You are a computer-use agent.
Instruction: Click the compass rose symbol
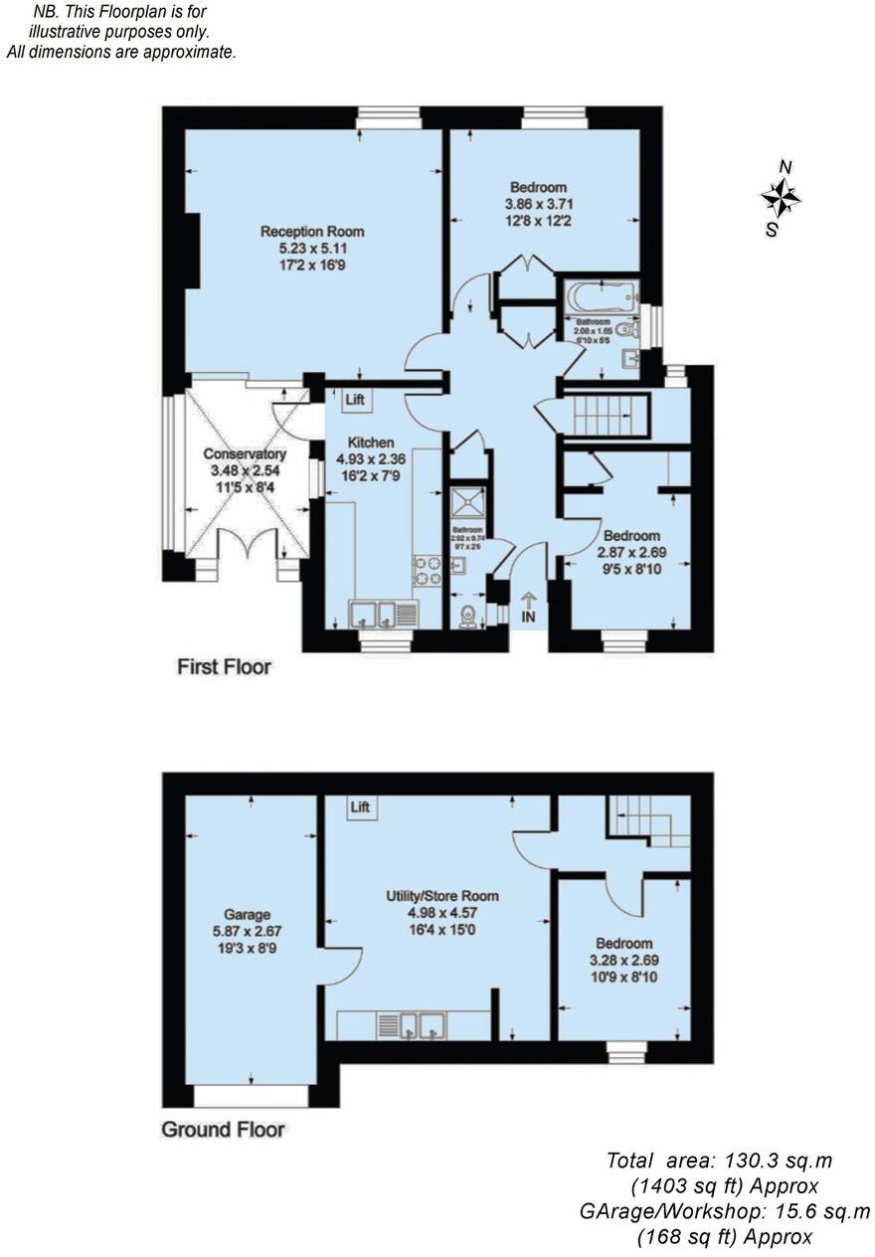tap(782, 198)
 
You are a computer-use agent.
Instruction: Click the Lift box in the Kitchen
tap(355, 400)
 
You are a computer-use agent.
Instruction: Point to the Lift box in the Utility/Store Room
tap(360, 807)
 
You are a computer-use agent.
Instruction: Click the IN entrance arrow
tap(528, 608)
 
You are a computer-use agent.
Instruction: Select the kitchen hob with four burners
tap(428, 570)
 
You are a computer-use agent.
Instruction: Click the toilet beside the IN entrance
tap(467, 616)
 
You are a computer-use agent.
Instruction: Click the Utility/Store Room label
tap(442, 896)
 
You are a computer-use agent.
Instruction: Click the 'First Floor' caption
tap(224, 666)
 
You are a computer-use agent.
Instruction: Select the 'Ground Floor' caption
tap(224, 1130)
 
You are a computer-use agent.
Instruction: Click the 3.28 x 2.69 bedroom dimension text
tap(623, 961)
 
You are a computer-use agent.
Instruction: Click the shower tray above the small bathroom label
tap(465, 501)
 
